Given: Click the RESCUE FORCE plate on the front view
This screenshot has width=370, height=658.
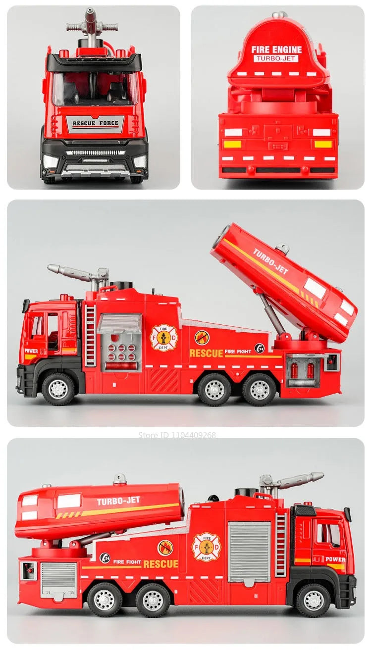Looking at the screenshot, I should click(x=95, y=123).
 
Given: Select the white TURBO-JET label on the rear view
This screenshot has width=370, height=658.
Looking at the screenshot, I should click(x=276, y=58).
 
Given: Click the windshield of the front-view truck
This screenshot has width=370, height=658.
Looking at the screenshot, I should click(x=94, y=89).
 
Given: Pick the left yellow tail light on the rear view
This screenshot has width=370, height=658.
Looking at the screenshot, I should click(x=232, y=144).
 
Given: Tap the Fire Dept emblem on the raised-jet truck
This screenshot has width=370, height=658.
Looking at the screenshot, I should click(x=163, y=338).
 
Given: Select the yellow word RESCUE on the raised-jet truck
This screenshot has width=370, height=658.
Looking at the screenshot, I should click(x=206, y=353).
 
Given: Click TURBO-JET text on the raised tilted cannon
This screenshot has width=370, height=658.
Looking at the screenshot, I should click(x=270, y=261).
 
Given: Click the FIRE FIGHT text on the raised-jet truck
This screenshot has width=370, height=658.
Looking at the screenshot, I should click(x=237, y=352).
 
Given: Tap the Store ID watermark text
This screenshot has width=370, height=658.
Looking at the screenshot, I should click(x=177, y=435).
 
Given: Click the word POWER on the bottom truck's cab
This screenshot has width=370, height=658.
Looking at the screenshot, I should click(x=335, y=559).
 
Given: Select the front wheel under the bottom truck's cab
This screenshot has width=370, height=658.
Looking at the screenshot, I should click(x=314, y=600).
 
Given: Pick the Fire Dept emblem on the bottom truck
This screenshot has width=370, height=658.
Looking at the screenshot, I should click(x=206, y=547).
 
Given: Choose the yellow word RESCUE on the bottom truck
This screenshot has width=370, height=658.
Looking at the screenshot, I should click(x=160, y=564).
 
